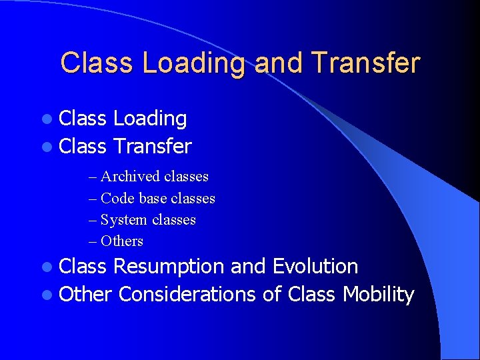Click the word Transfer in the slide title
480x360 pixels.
365,63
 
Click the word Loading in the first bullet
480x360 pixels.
150,119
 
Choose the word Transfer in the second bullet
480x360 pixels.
153,146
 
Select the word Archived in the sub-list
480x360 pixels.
130,177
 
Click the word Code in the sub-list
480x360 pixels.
117,199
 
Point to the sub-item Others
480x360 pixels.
121,241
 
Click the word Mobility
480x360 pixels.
378,294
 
